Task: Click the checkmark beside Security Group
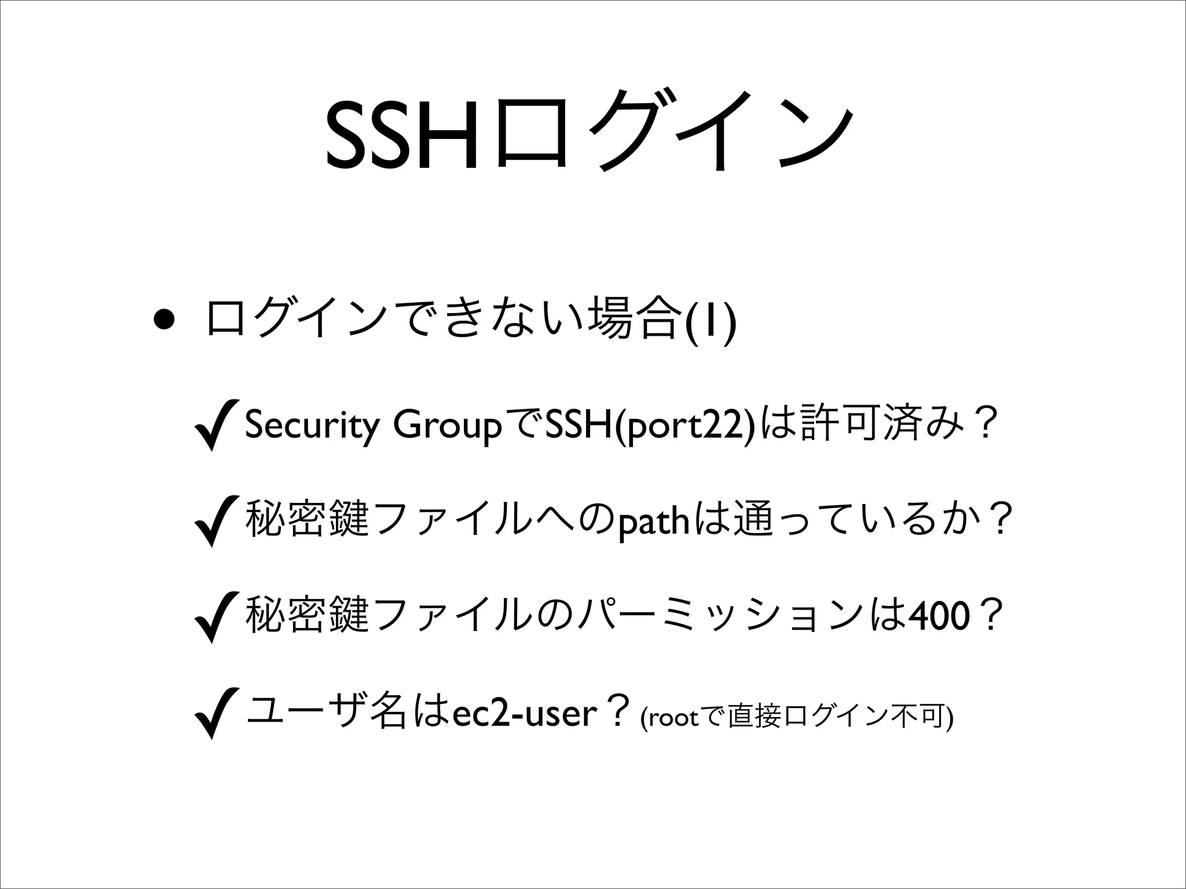pyautogui.click(x=217, y=425)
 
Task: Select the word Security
pyautogui.click(x=313, y=425)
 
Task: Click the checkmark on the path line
pyautogui.click(x=217, y=521)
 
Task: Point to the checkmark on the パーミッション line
pyautogui.click(x=217, y=617)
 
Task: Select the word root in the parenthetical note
pyautogui.click(x=672, y=718)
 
